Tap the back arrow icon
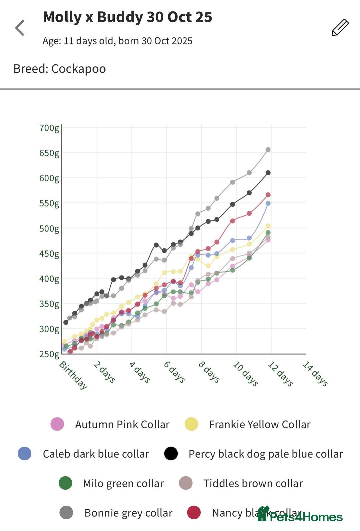point(20,28)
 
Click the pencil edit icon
point(340,28)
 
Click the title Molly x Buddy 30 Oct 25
point(127,17)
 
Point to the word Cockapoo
point(79,69)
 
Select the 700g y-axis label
point(49,128)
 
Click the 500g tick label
point(49,228)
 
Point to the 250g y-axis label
point(49,354)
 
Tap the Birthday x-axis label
point(73,375)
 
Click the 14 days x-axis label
point(315,374)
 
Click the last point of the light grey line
point(268,150)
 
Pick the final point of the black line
point(268,173)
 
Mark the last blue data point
point(268,203)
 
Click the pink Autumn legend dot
point(57,424)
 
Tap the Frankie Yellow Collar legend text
point(259,424)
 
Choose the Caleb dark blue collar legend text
point(96,454)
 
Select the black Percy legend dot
point(171,454)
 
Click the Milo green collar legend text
point(123,483)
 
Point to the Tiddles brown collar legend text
point(253,483)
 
